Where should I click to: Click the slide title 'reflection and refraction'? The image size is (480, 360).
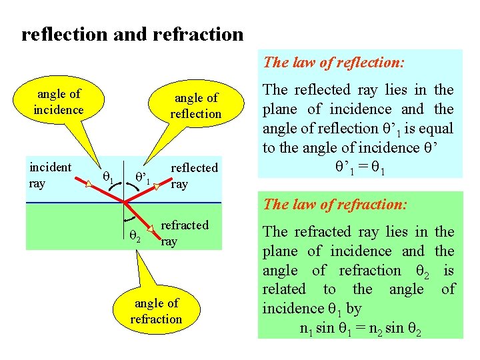click(133, 34)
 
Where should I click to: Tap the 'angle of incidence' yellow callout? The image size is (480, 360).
click(59, 101)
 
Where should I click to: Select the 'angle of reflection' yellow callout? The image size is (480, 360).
click(195, 106)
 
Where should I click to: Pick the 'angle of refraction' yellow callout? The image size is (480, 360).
click(156, 311)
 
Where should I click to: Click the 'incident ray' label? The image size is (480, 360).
click(50, 174)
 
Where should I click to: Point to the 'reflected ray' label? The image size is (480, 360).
click(194, 175)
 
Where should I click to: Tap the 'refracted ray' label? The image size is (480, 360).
click(185, 233)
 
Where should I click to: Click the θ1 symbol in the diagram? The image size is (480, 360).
click(109, 177)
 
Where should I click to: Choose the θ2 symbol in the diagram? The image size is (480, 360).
click(134, 234)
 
